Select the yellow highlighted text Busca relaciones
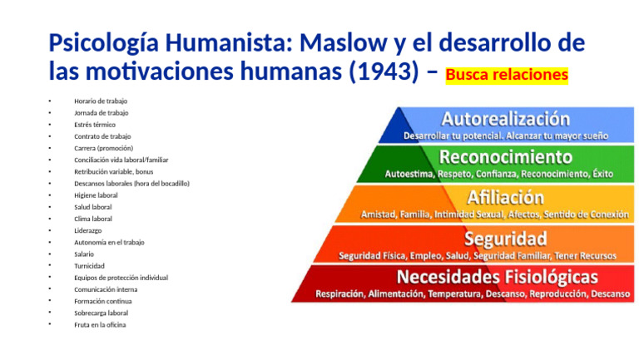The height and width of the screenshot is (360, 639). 507,75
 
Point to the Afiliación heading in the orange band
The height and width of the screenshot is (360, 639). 505,197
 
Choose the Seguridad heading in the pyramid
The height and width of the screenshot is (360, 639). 505,238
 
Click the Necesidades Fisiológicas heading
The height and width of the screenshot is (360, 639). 497,276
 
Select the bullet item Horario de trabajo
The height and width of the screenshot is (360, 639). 101,101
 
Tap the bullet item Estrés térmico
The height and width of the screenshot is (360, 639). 95,124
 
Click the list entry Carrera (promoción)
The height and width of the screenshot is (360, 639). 103,148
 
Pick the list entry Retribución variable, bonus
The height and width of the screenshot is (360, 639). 113,171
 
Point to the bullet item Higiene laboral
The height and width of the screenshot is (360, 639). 96,195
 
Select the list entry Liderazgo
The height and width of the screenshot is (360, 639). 88,230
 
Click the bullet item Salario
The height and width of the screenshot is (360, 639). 84,254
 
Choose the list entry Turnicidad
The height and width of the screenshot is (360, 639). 89,266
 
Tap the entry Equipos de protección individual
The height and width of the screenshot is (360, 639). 121,278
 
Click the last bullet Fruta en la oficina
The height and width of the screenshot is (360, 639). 100,325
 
